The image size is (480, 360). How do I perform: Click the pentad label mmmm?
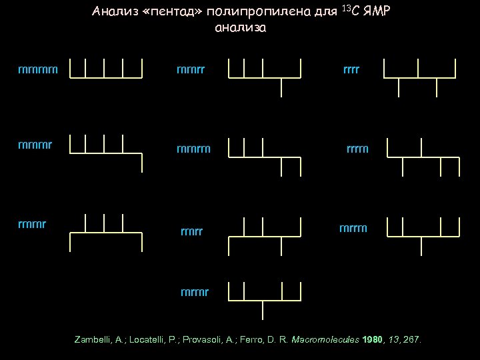[x=38, y=69]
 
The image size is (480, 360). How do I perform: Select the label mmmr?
[x=37, y=143]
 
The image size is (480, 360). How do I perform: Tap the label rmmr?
[x=33, y=223]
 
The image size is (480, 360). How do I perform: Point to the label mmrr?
[x=191, y=69]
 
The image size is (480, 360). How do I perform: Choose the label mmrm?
[x=193, y=149]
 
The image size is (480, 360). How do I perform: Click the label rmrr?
[x=192, y=232]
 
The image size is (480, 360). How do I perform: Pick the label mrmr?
[x=195, y=292]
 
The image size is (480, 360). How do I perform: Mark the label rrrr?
[x=351, y=69]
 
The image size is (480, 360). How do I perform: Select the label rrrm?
[x=357, y=149]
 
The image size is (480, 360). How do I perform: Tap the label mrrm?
[x=353, y=229]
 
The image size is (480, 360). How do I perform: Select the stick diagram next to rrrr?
[x=419, y=73]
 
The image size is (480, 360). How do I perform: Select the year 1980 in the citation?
[x=373, y=340]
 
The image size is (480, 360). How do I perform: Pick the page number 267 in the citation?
[x=412, y=340]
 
